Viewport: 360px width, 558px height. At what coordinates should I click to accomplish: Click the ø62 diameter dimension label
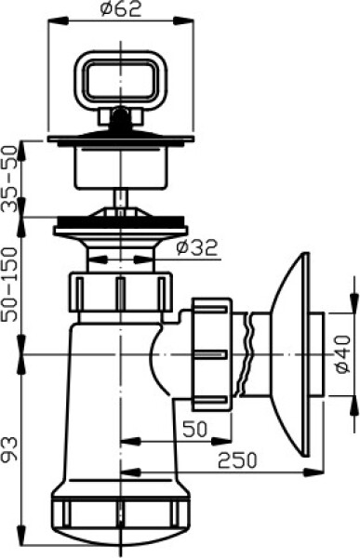[121, 9]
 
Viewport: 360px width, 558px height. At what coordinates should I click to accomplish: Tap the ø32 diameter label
[197, 247]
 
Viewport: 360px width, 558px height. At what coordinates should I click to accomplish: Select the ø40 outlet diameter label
[343, 354]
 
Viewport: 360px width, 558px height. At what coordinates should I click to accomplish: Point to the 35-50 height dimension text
[9, 179]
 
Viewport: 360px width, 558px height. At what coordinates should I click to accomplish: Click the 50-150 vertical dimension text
[9, 285]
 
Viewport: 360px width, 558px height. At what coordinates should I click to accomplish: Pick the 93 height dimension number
[9, 449]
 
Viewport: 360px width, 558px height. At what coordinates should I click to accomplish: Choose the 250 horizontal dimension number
[237, 460]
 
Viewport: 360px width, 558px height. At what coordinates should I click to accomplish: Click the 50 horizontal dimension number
[194, 429]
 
